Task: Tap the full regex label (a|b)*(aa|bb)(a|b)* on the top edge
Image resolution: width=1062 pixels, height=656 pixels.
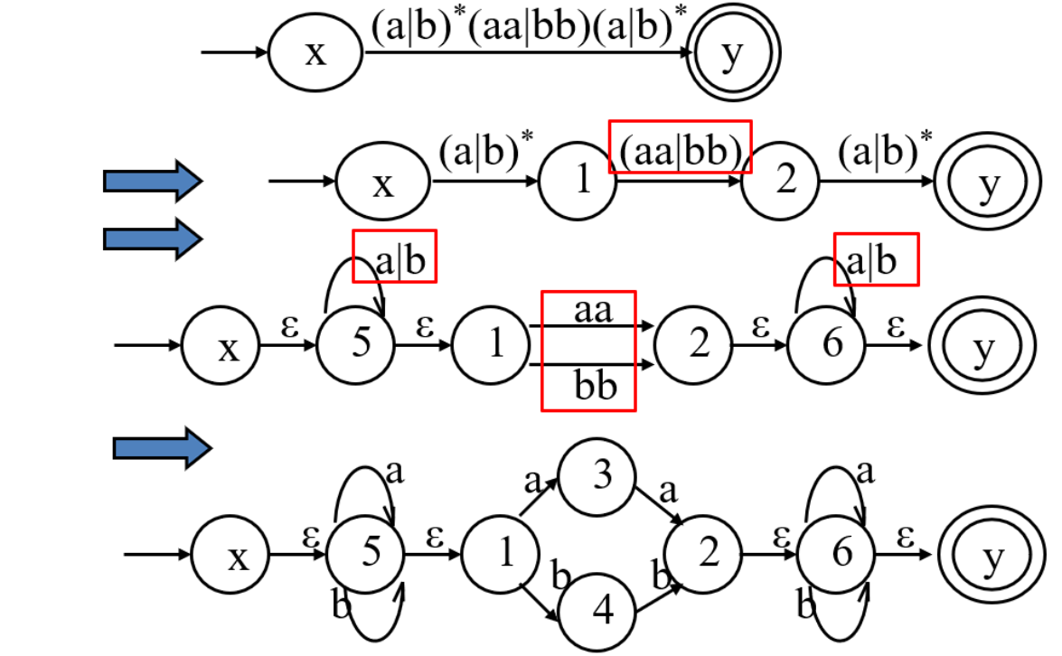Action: point(528,28)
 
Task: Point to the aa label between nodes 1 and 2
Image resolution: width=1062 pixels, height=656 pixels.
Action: point(592,313)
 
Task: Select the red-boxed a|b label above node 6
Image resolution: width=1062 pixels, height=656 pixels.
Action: point(875,259)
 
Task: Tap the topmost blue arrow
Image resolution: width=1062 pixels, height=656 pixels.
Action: point(152,182)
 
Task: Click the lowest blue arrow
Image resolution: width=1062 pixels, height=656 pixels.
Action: point(161,448)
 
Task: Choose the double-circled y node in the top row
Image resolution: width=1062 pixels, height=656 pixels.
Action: point(732,54)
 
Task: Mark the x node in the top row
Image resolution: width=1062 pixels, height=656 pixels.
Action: point(315,54)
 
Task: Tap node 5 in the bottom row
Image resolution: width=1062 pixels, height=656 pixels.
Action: point(366,554)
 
